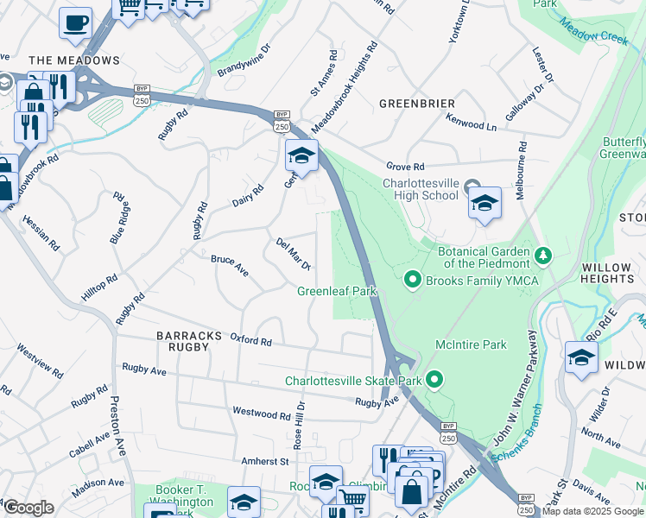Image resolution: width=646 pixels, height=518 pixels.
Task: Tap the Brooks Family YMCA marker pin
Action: coord(412,279)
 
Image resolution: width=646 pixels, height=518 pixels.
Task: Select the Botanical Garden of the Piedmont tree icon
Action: coord(543,255)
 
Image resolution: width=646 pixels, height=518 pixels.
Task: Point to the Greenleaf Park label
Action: coord(338,292)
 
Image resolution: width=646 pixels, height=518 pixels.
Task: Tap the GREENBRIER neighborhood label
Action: coord(416,104)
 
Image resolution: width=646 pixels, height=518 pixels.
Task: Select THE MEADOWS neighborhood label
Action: coord(73,60)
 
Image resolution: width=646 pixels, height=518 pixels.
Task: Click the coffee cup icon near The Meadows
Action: coord(75,22)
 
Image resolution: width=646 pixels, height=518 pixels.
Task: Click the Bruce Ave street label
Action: coord(230,266)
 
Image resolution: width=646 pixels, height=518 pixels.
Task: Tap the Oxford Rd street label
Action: coord(250,340)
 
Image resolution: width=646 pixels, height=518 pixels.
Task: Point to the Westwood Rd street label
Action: coord(262,414)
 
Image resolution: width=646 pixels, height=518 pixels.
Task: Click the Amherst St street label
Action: coord(264,462)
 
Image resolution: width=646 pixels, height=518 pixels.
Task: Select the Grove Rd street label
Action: coord(406,166)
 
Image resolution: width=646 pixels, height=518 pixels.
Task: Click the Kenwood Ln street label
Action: coord(472,124)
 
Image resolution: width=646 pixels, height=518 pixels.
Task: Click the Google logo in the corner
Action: coord(28,508)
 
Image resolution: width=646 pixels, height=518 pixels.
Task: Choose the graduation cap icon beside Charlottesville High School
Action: coord(484,203)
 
